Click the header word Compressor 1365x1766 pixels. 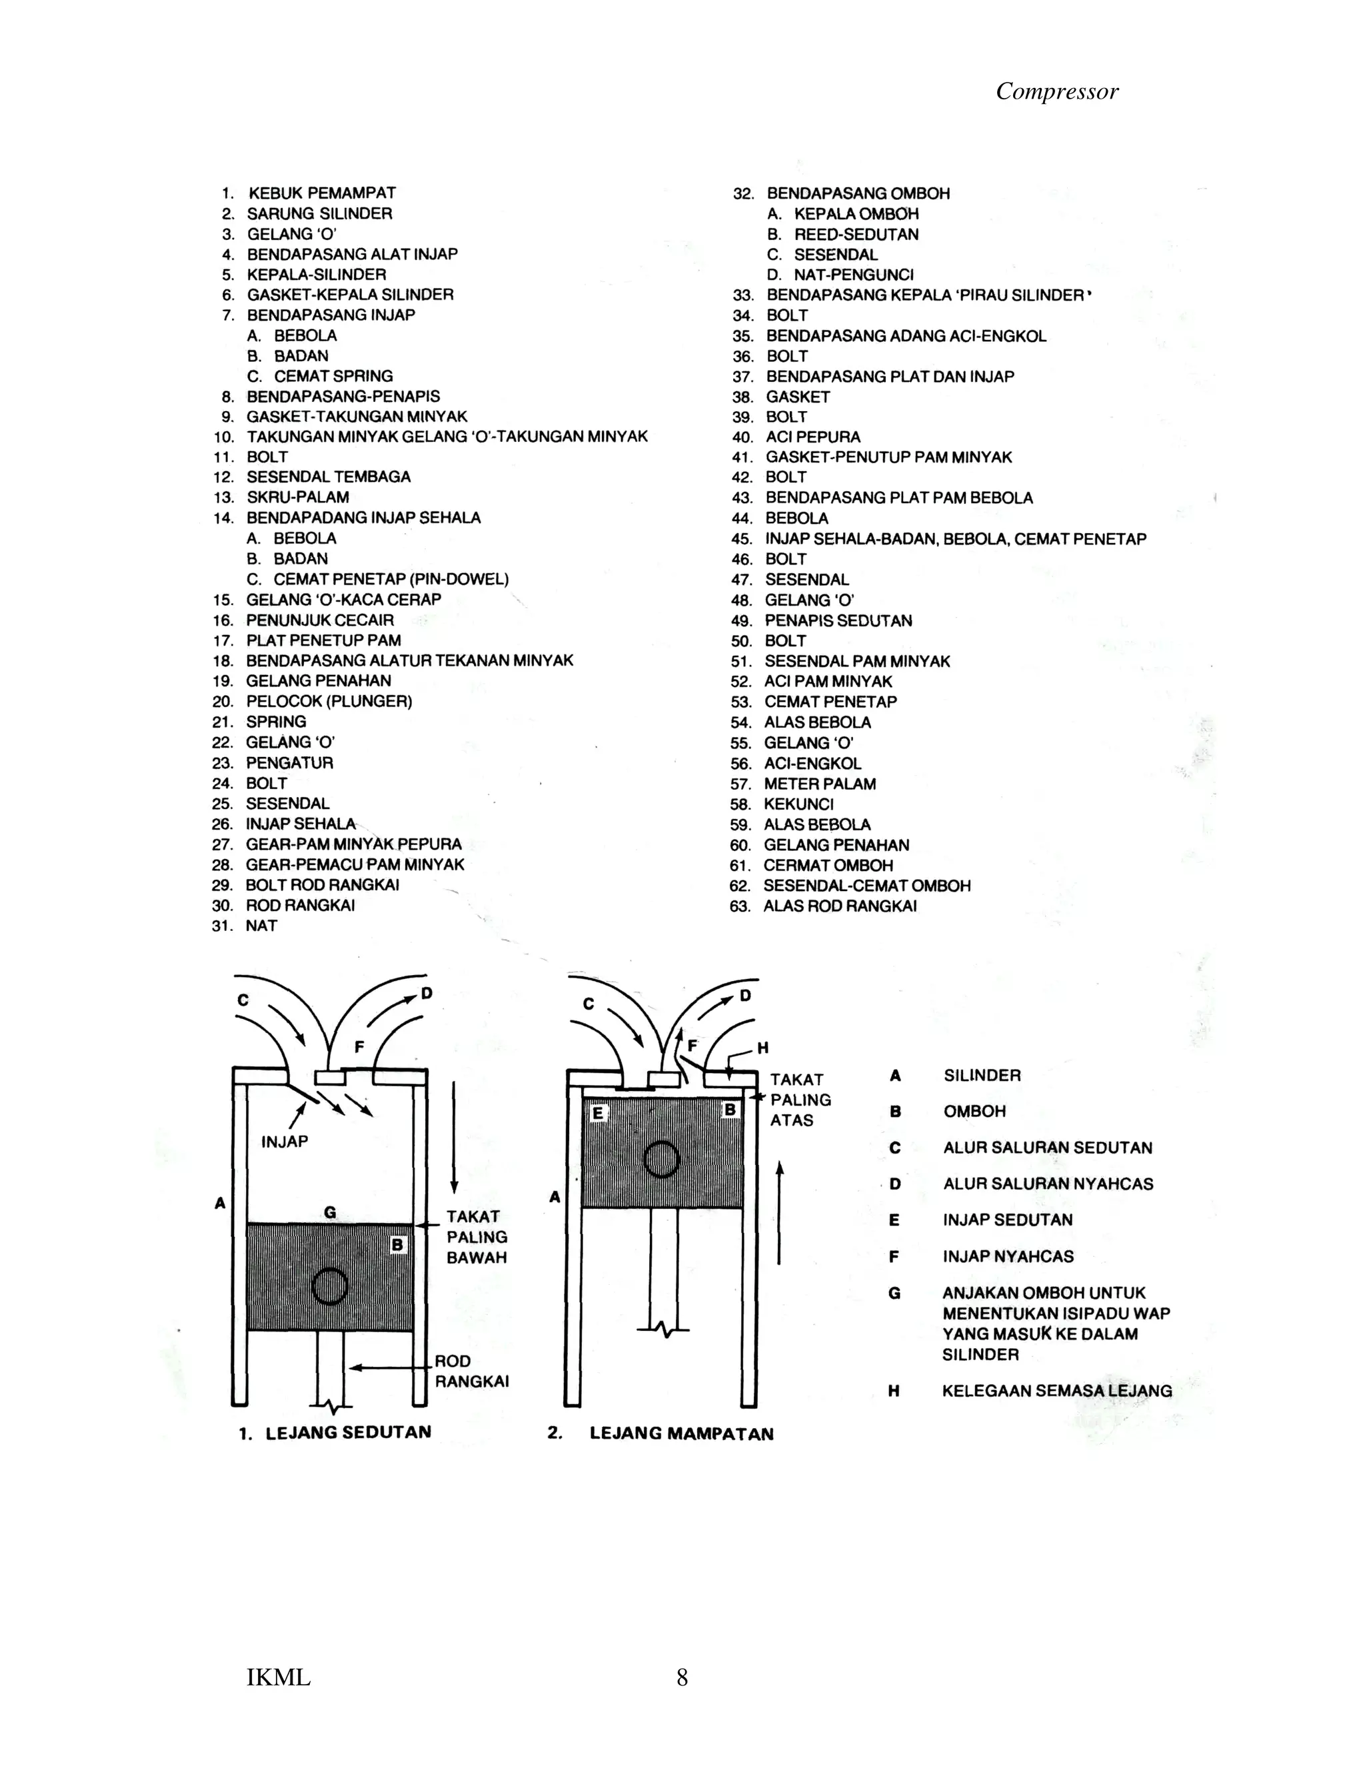pos(1056,91)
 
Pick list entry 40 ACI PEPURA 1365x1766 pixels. pos(812,437)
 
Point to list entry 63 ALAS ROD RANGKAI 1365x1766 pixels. pos(839,906)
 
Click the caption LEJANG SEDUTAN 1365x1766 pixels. pos(348,1432)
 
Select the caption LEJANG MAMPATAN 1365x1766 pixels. pos(681,1433)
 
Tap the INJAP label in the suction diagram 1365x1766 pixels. pos(285,1141)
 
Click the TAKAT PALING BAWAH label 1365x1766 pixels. pos(477,1236)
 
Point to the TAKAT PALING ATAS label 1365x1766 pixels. pos(800,1100)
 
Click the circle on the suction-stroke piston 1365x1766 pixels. pos(329,1286)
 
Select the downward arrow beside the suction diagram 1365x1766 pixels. pos(455,1136)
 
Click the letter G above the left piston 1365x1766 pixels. pos(330,1212)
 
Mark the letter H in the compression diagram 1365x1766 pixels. pos(762,1049)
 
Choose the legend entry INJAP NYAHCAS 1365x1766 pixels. pos(1008,1256)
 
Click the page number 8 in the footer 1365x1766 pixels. pos(682,1678)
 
